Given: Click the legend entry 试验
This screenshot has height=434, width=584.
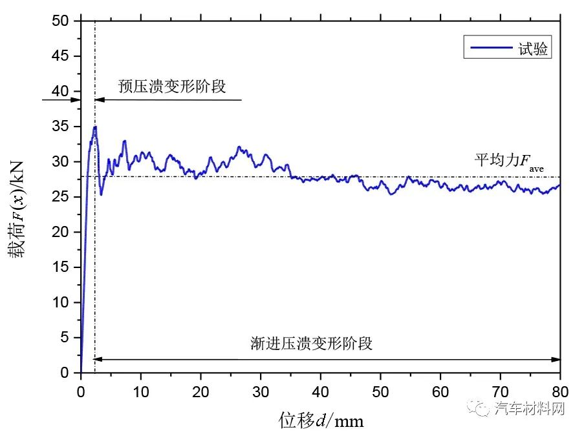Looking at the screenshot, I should (x=534, y=48).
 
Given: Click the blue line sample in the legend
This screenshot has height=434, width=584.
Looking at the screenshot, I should (x=490, y=48).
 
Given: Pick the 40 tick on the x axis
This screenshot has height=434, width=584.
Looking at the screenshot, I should (x=320, y=389).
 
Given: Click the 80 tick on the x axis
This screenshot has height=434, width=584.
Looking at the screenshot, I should (x=560, y=389).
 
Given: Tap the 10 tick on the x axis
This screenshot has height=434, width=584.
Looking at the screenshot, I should (x=140, y=389).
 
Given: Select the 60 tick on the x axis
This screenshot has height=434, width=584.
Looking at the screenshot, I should (x=440, y=389).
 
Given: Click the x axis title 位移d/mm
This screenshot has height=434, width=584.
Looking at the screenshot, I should (x=321, y=419).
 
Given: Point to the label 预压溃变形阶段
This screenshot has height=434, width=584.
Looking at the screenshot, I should (x=172, y=86).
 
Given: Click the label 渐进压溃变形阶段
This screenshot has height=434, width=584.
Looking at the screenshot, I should (x=311, y=343).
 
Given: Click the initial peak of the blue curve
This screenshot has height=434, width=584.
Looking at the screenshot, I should (x=94, y=127).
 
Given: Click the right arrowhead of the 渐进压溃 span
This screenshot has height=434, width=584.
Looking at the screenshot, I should (x=556, y=359).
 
